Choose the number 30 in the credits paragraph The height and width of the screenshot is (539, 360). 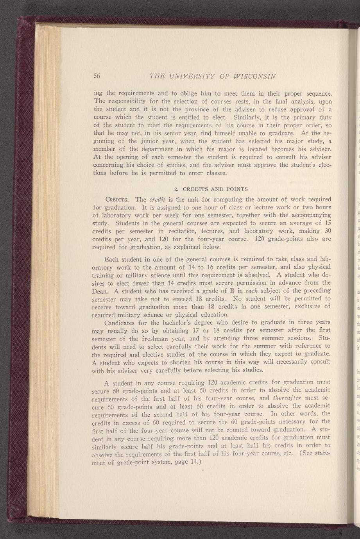click(x=328, y=231)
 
